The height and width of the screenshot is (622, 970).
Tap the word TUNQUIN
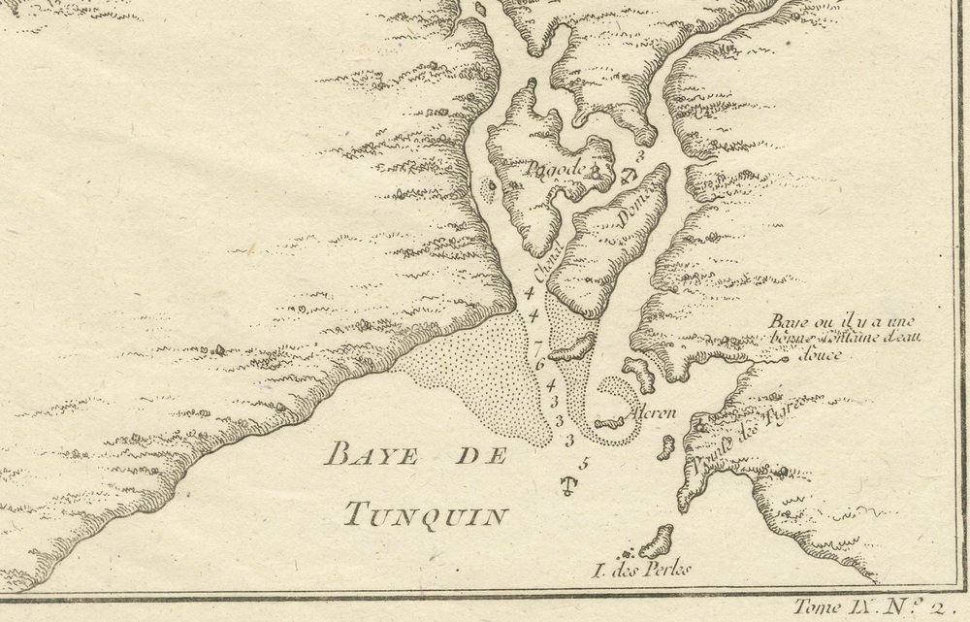pos(426,515)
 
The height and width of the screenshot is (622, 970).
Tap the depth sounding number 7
pos(538,346)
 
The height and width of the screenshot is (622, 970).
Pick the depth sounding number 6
pos(540,364)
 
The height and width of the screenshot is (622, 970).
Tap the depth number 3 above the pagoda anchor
pos(640,154)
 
